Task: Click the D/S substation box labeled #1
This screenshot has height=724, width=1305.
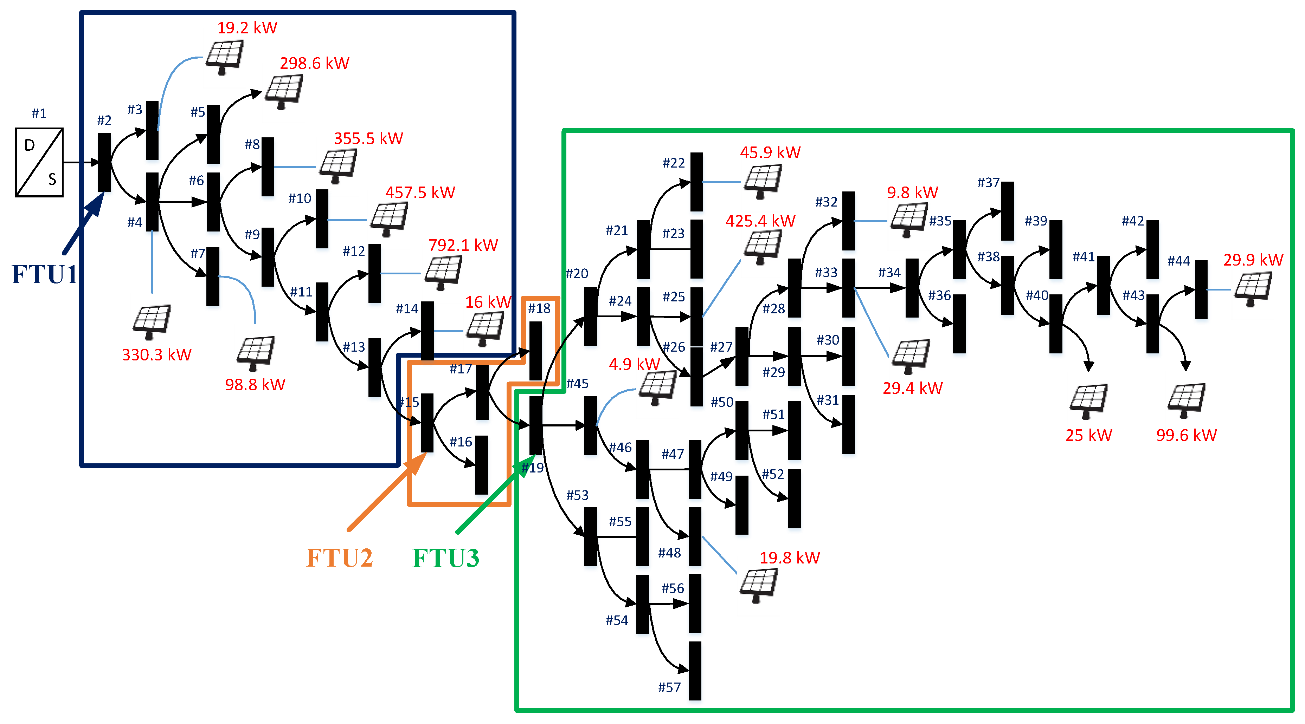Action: [x=39, y=162]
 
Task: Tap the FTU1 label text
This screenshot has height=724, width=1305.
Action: [x=45, y=274]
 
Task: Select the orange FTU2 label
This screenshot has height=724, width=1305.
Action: [x=339, y=558]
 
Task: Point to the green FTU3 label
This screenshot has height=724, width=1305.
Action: [x=446, y=558]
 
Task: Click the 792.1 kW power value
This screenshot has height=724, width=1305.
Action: [x=463, y=245]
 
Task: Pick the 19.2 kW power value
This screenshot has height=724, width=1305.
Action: [x=247, y=27]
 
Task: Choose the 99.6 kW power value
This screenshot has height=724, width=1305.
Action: [x=1186, y=435]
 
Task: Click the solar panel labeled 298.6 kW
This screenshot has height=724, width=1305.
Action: [x=284, y=91]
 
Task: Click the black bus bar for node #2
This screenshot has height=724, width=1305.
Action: [x=104, y=162]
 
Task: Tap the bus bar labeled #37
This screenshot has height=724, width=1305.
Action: [x=1008, y=211]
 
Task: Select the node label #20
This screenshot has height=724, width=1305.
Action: [x=577, y=274]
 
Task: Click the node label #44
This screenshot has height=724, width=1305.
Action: [x=1179, y=261]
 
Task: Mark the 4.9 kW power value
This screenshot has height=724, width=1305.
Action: [x=634, y=364]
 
